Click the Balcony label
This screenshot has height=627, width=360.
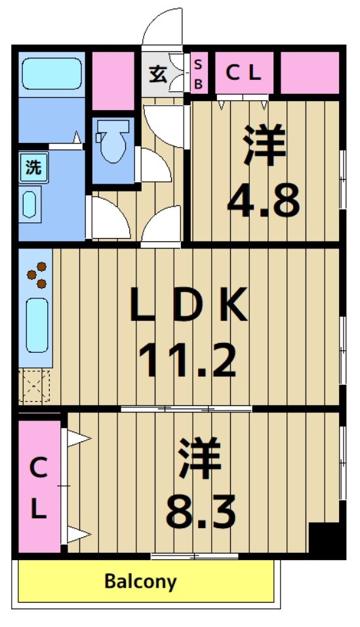click(x=141, y=581)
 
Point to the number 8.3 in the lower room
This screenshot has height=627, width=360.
click(x=200, y=511)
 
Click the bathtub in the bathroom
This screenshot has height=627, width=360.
click(x=51, y=73)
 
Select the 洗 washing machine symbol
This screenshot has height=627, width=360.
click(x=33, y=167)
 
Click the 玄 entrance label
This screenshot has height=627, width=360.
click(x=157, y=73)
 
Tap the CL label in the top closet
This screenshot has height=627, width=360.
click(x=243, y=73)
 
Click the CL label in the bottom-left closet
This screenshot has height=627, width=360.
click(x=39, y=488)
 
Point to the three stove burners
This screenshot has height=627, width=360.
click(x=37, y=275)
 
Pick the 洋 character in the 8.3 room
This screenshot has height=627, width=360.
click(x=200, y=458)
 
